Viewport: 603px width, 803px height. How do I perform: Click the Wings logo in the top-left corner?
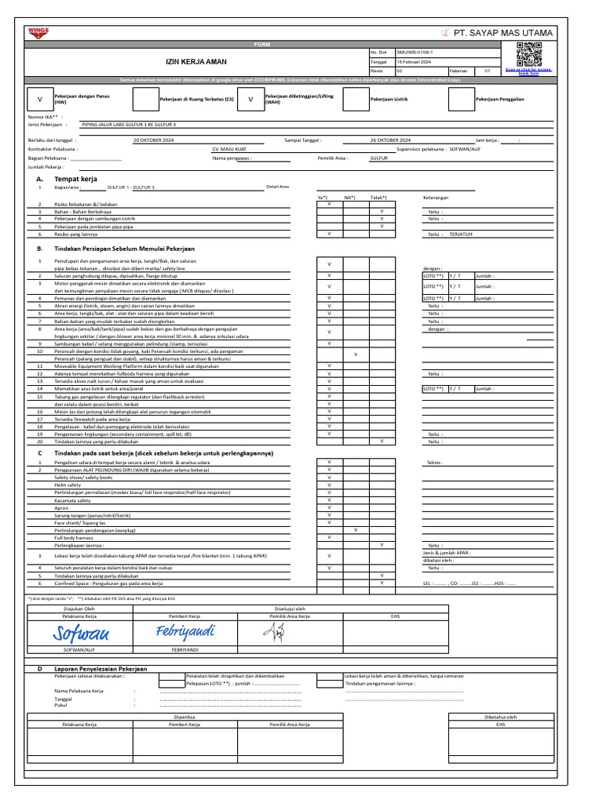pyautogui.click(x=38, y=32)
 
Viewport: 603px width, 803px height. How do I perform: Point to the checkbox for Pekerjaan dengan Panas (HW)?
pyautogui.click(x=39, y=100)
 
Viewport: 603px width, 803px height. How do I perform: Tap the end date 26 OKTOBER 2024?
pyautogui.click(x=396, y=140)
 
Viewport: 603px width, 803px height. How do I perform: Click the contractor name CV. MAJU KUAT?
pyautogui.click(x=229, y=148)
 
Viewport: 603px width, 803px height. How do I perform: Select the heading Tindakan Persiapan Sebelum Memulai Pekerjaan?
pyautogui.click(x=124, y=248)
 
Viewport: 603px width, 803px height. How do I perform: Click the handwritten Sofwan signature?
pyautogui.click(x=82, y=633)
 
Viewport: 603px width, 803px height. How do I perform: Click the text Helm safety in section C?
pyautogui.click(x=68, y=485)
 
